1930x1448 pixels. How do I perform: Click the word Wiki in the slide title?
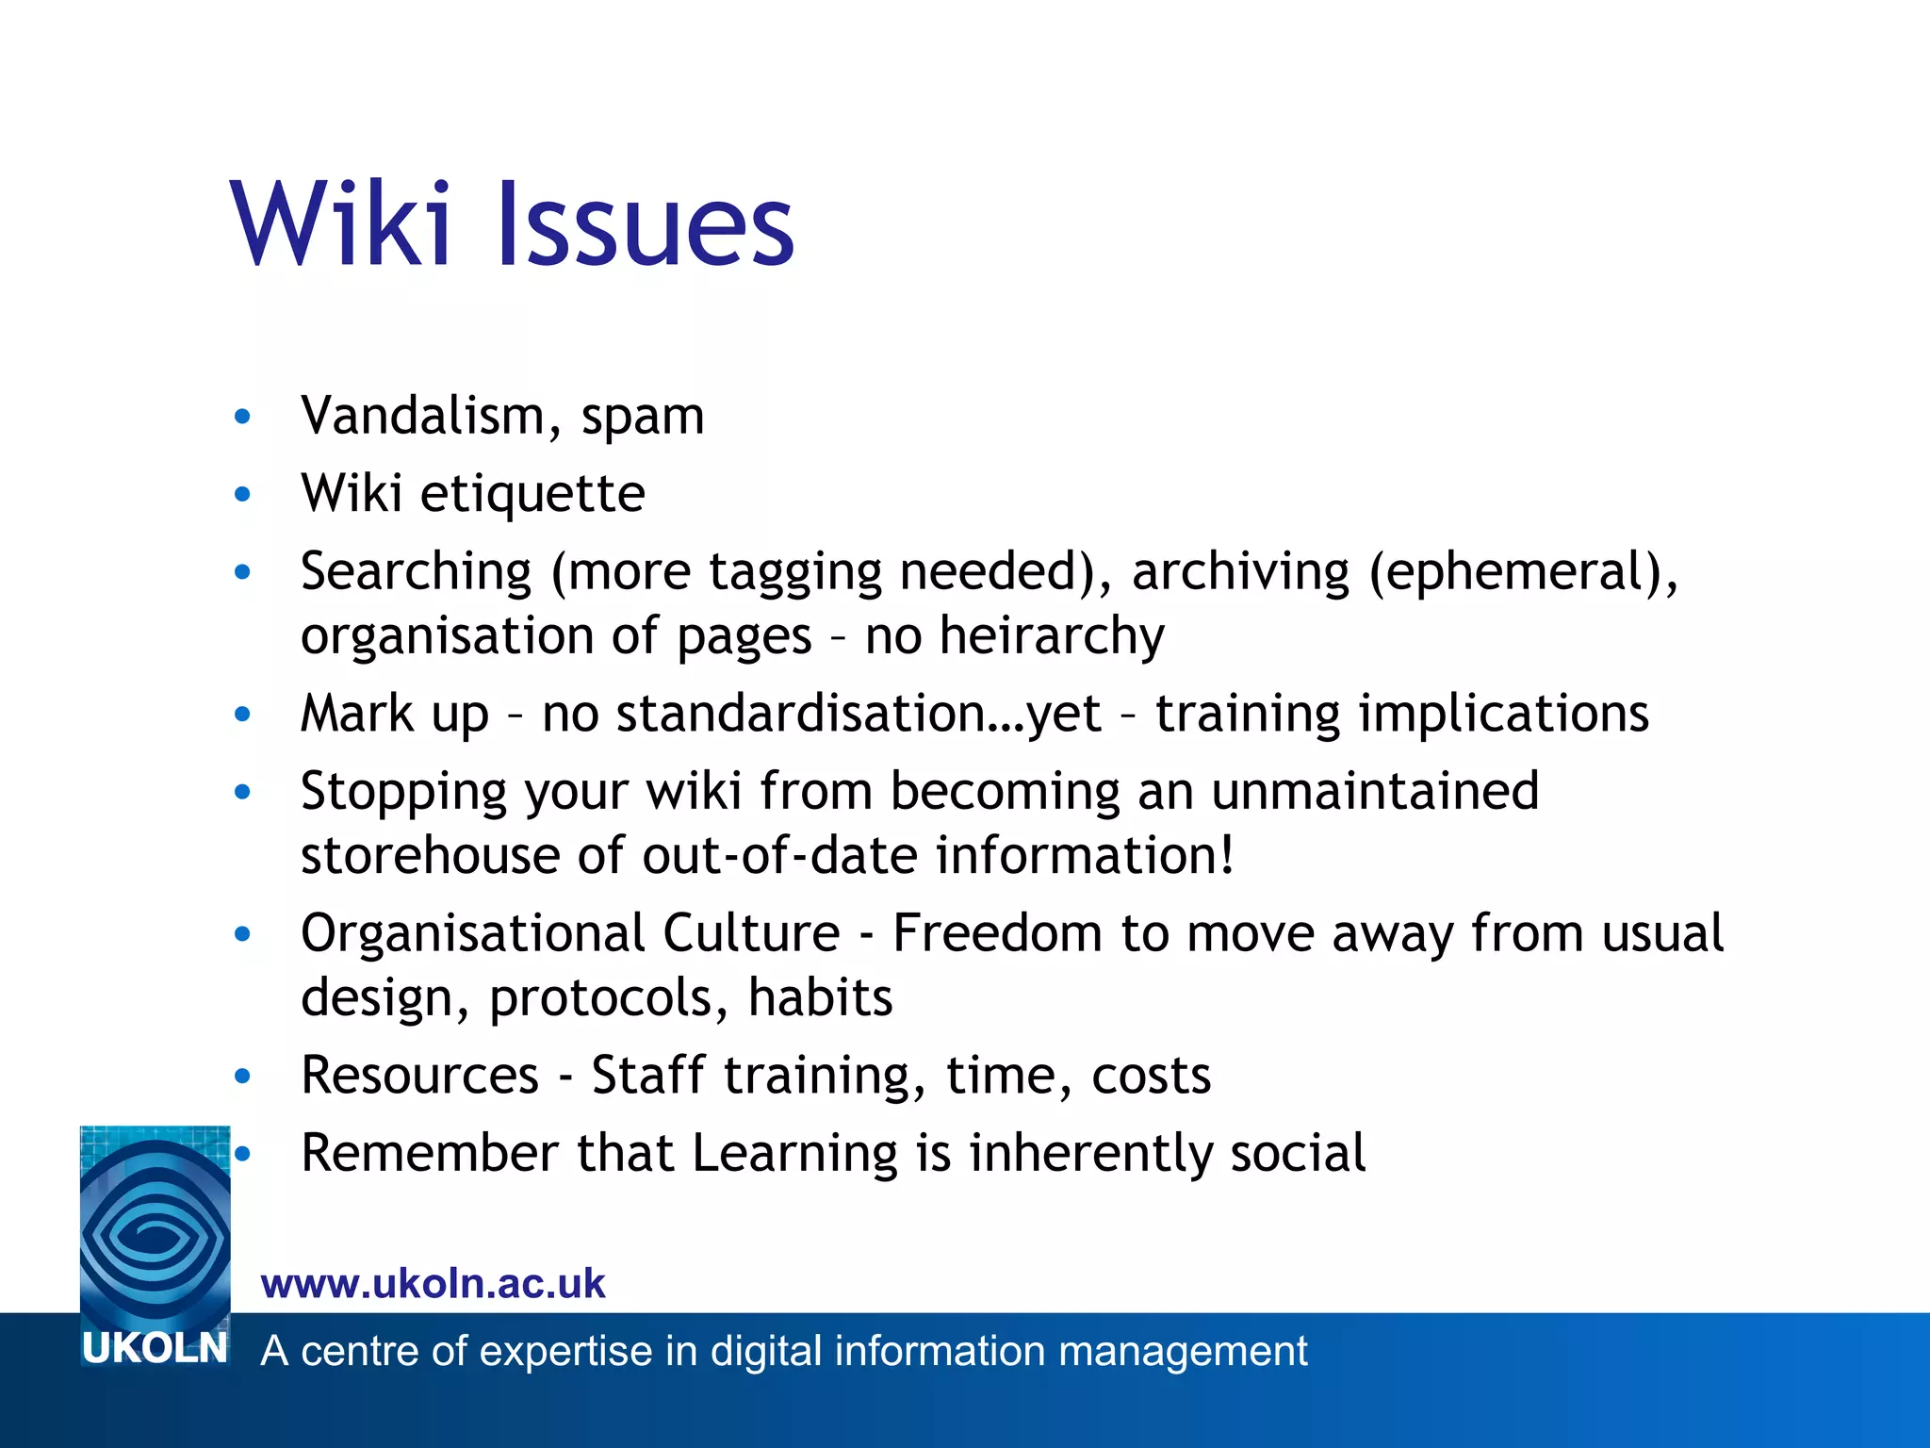340,224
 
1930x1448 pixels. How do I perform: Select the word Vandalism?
423,416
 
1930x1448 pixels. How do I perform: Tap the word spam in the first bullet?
643,418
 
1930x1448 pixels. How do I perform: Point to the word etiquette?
532,493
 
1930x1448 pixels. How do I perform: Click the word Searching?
417,572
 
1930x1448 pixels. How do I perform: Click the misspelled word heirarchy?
1052,636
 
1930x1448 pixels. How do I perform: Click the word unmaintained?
1375,791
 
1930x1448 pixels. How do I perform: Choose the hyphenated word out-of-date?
779,855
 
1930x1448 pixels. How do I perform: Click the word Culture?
751,933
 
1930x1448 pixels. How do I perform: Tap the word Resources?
420,1076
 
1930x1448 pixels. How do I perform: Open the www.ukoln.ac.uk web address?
433,1284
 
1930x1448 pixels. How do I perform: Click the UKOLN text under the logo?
155,1349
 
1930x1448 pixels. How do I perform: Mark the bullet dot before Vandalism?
243,416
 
